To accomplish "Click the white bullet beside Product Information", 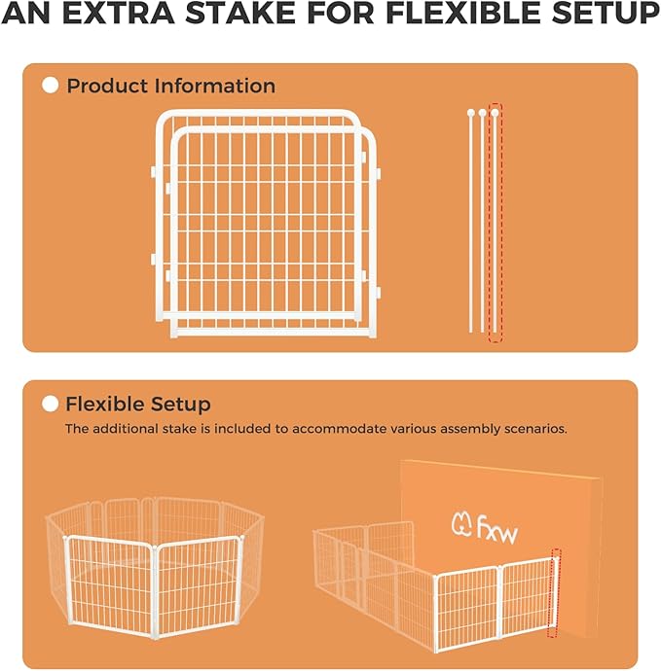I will [x=51, y=86].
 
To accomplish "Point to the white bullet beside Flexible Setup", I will [x=51, y=404].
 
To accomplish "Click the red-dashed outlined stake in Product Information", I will [x=496, y=224].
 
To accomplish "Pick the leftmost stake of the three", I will [x=471, y=224].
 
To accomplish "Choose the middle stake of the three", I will [x=483, y=224].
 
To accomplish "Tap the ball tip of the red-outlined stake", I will [x=496, y=113].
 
